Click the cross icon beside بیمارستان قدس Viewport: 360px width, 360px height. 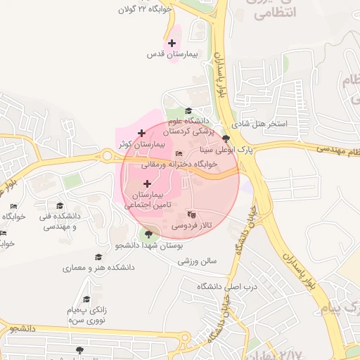click(x=172, y=44)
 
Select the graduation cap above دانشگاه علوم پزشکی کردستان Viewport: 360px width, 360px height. click(x=188, y=110)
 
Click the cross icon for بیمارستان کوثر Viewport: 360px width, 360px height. click(x=141, y=132)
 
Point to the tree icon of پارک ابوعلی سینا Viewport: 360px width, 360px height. click(x=226, y=139)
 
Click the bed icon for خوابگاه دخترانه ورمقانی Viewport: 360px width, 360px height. click(x=179, y=153)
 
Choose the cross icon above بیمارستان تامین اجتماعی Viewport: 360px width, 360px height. click(x=147, y=183)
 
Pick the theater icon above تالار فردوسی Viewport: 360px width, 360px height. click(x=191, y=214)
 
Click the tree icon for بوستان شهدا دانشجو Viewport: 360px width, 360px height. click(x=148, y=234)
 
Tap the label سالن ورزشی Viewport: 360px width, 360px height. click(x=198, y=261)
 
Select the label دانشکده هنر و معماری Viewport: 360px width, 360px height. click(x=98, y=268)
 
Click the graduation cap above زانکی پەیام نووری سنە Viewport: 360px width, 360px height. click(x=86, y=300)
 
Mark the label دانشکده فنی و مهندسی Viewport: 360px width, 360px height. click(x=60, y=221)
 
